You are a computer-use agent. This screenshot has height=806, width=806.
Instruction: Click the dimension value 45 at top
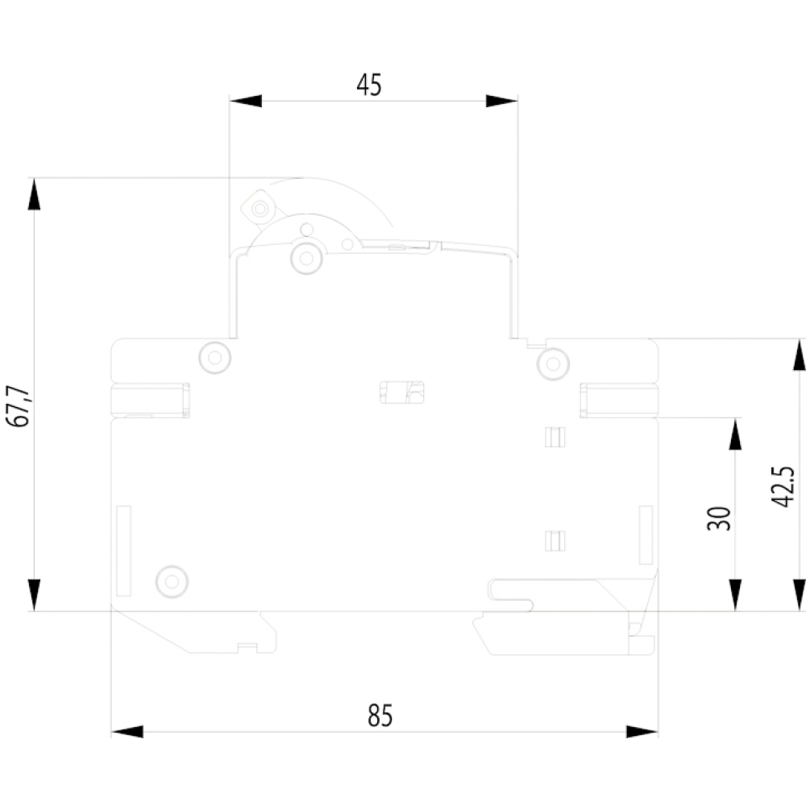tap(369, 85)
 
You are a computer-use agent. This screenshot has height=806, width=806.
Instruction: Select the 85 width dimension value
tap(380, 715)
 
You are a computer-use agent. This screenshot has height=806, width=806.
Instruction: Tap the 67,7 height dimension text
tap(19, 405)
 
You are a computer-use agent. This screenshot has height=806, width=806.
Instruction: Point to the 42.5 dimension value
tap(783, 486)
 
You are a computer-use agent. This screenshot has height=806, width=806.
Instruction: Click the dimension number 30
tap(719, 518)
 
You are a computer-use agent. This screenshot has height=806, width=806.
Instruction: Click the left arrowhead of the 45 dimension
tap(245, 101)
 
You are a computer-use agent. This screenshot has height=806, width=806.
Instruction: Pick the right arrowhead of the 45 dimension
tap(501, 101)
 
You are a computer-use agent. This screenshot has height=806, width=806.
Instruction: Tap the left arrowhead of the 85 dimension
tap(127, 732)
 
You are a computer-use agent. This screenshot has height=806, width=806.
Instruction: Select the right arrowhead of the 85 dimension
tap(642, 732)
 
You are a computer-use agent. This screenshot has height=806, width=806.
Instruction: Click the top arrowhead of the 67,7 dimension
tap(34, 194)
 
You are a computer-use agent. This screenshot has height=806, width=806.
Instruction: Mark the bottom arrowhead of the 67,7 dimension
tap(34, 596)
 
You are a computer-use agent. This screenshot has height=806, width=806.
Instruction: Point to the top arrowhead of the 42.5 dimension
tap(800, 355)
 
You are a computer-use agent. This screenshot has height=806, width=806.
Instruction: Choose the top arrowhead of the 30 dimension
tap(735, 434)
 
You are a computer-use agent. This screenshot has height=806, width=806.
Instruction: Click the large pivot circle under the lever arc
tap(306, 258)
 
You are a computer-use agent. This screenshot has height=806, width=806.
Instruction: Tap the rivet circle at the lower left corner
tap(172, 582)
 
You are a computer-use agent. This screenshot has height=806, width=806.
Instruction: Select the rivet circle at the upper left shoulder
tap(215, 357)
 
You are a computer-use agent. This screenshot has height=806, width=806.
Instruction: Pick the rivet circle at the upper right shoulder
tap(553, 364)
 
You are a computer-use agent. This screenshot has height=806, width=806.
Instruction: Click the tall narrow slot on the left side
tap(123, 551)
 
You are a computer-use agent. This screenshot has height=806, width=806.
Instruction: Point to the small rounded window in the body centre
tap(402, 393)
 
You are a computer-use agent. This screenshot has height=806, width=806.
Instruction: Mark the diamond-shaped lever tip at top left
tap(259, 208)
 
